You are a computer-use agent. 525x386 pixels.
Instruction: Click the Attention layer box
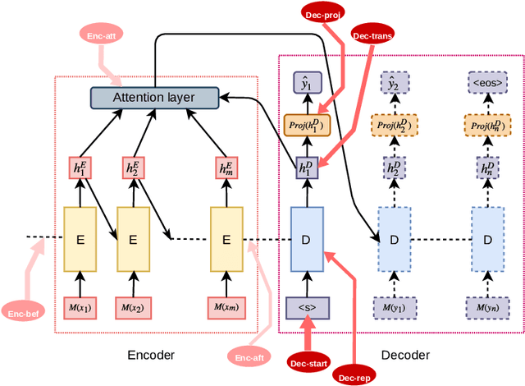point(154,98)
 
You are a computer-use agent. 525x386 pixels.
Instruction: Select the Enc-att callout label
point(101,34)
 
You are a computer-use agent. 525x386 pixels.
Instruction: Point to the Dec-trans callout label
point(372,36)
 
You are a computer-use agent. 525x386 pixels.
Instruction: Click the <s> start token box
point(308,308)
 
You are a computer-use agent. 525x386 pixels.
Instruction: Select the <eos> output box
point(486,82)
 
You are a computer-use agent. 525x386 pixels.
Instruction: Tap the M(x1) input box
point(80,308)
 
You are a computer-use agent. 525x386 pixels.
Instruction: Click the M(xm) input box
point(227,308)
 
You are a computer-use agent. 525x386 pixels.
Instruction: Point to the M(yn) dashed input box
point(486,308)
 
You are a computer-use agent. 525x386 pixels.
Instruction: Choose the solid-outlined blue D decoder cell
point(308,239)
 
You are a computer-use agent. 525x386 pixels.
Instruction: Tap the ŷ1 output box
point(308,82)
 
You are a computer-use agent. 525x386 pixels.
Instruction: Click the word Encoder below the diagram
point(151,356)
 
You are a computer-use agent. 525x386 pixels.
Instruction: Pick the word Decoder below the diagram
point(406,356)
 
